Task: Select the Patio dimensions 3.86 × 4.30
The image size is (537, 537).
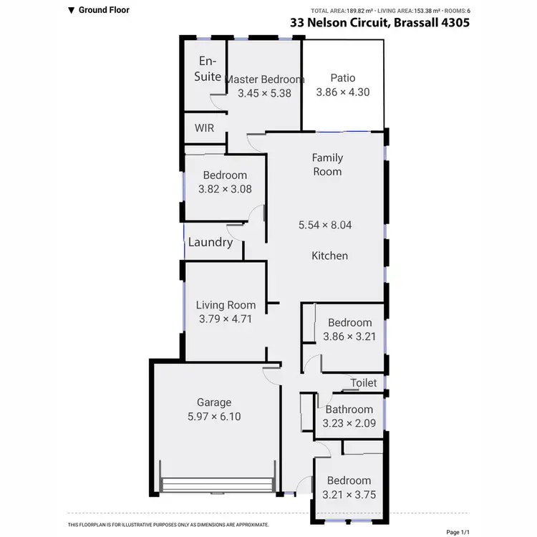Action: pos(343,92)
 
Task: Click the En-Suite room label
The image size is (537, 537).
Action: pos(208,69)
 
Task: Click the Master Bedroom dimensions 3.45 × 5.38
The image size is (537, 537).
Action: pos(264,92)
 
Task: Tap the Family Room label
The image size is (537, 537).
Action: pos(327,165)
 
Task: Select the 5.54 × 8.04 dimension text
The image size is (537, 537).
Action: pos(326,225)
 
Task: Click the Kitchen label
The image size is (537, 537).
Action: pos(329,256)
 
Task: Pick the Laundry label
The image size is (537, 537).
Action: pos(211,242)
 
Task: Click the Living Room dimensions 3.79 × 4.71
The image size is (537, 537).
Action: pos(226,319)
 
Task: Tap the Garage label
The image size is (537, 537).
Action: pos(214,402)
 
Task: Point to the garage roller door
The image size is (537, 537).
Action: pos(218,485)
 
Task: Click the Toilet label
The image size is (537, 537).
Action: pos(364,383)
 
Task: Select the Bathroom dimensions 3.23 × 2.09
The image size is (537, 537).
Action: pos(349,423)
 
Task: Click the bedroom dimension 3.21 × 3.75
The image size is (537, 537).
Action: pos(350,494)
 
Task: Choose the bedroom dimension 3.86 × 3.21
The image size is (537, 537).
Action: pos(349,336)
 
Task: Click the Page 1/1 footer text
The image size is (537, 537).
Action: pos(458,532)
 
